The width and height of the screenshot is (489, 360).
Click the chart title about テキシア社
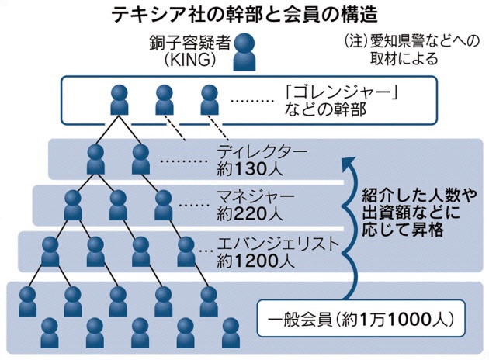244,14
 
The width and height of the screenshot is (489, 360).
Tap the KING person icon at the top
248,51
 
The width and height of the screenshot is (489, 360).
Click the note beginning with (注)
403,50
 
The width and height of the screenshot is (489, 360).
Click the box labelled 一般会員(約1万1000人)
361,319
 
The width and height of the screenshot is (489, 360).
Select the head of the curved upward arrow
347,161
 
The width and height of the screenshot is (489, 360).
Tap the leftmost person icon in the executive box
120,99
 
